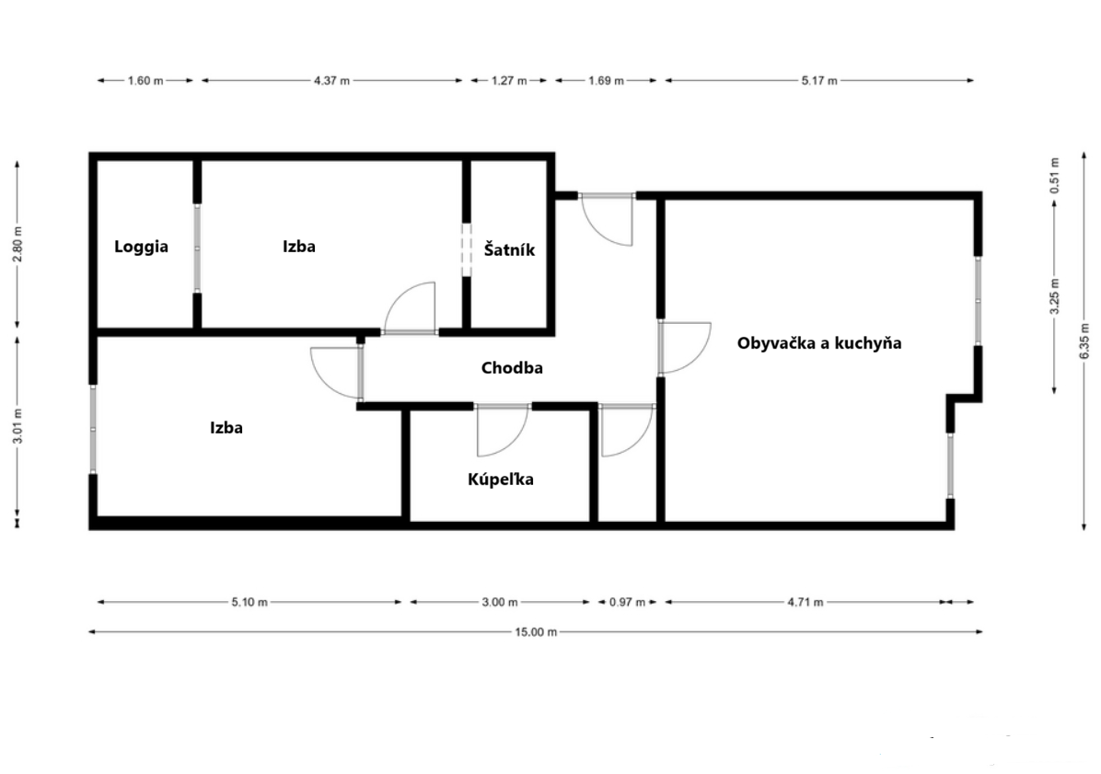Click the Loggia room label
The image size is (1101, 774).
141,247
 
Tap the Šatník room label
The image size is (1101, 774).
509,249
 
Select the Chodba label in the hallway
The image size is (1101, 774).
512,368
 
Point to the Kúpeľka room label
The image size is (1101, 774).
501,479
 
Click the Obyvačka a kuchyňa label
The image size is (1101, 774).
819,343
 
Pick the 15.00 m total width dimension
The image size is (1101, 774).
536,632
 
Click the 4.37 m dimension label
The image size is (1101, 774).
331,81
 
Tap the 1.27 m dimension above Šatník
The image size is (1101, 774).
509,81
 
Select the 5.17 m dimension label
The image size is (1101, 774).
819,81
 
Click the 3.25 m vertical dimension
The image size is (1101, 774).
1055,297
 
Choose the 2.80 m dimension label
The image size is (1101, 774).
18,244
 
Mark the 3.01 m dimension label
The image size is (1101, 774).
18,426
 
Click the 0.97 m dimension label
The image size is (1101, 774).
627,602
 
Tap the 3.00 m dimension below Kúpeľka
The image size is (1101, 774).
500,602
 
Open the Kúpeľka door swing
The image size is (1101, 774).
503,430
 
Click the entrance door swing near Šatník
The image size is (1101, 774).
608,219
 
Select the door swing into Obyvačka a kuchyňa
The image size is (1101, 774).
685,347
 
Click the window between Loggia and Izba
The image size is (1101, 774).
197,248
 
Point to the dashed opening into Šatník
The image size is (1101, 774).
466,249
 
